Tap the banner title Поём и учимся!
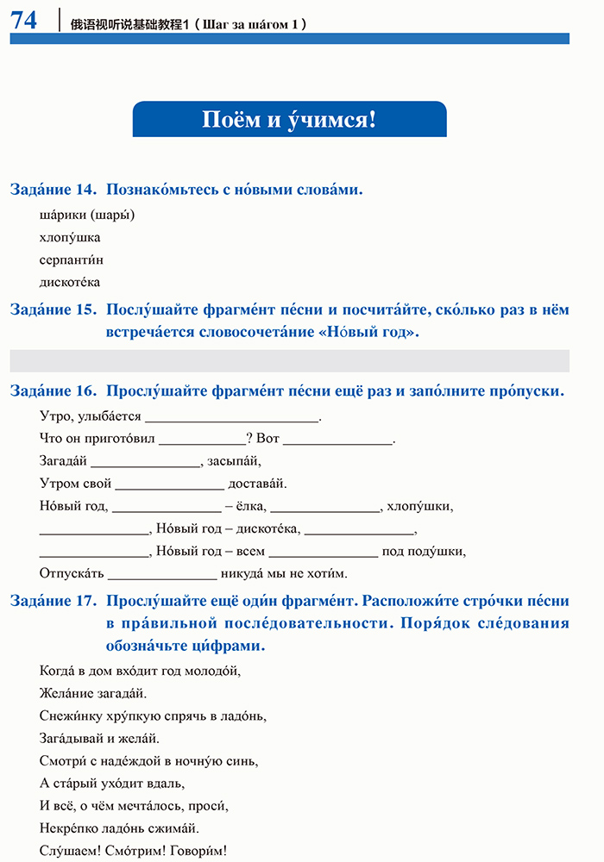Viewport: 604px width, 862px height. coord(289,119)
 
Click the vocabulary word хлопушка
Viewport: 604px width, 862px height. coord(70,237)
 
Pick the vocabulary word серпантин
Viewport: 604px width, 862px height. coord(72,259)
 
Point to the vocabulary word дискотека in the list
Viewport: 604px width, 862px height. coord(70,282)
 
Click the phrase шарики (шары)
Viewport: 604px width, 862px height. coord(87,215)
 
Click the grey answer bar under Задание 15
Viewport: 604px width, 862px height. coord(289,360)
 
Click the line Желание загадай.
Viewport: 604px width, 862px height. coord(93,692)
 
